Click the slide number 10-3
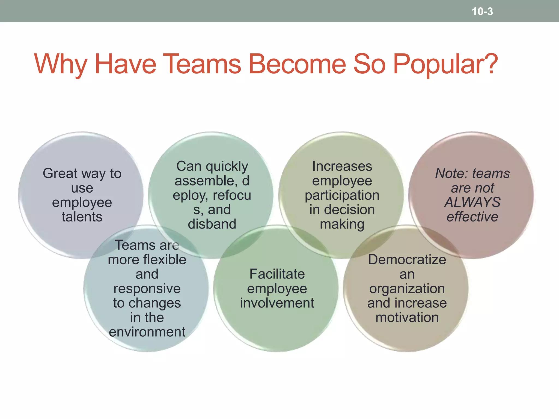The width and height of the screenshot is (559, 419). click(x=482, y=12)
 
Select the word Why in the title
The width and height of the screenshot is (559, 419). click(x=60, y=64)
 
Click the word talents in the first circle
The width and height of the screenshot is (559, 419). click(x=82, y=217)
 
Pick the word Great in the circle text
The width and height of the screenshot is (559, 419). click(x=60, y=173)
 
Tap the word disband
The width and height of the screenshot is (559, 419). click(x=212, y=224)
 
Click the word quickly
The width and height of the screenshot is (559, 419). click(x=227, y=166)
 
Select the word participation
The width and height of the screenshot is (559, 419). click(x=342, y=195)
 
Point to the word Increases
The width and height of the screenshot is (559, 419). click(x=342, y=166)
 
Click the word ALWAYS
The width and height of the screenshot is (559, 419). click(x=472, y=202)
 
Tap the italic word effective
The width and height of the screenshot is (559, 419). click(x=472, y=217)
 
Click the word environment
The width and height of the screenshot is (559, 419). click(x=147, y=332)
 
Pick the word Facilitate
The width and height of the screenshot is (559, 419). click(x=277, y=274)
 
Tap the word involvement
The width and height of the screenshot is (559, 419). click(x=277, y=303)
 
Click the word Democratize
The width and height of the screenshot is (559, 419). click(x=407, y=260)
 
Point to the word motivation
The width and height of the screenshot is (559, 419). click(x=407, y=318)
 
